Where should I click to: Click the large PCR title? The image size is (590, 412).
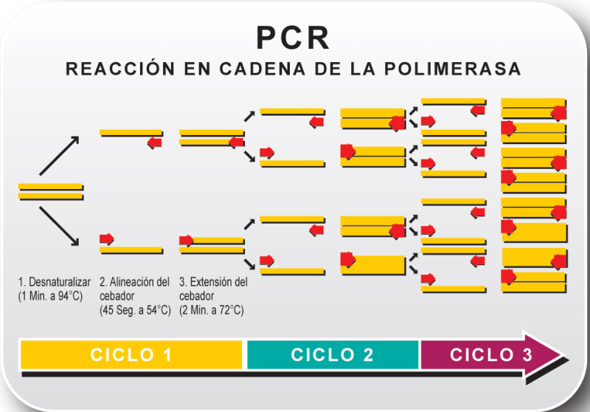pos(293,38)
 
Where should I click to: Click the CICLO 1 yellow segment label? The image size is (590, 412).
pos(131,354)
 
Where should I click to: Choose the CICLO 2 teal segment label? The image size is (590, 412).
pos(333,354)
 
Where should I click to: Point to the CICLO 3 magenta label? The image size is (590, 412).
pos(490,354)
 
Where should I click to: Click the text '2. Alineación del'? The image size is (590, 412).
pos(134,282)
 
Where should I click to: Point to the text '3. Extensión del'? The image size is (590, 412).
pos(214,282)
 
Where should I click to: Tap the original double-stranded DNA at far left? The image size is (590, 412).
pos(51,191)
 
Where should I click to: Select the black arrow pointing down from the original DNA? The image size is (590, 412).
pos(59,225)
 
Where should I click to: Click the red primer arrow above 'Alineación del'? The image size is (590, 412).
pos(107,238)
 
